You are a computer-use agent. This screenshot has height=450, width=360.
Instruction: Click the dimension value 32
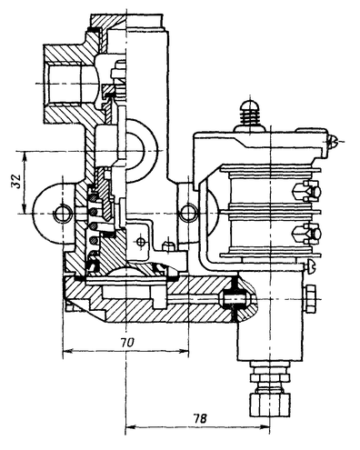pos(16,181)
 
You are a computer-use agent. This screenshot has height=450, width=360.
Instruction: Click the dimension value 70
pos(126,343)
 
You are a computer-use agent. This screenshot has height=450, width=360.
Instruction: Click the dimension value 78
pos(200,418)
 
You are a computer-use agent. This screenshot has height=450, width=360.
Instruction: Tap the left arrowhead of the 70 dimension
pos(67,351)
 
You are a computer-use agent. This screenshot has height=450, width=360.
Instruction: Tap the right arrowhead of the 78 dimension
pos(265,427)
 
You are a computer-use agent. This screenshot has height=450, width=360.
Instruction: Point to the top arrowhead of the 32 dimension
pos(25,156)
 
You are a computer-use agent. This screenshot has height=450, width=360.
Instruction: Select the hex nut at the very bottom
pos(269,405)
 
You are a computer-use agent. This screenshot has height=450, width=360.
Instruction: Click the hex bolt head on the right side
pos(308,299)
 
